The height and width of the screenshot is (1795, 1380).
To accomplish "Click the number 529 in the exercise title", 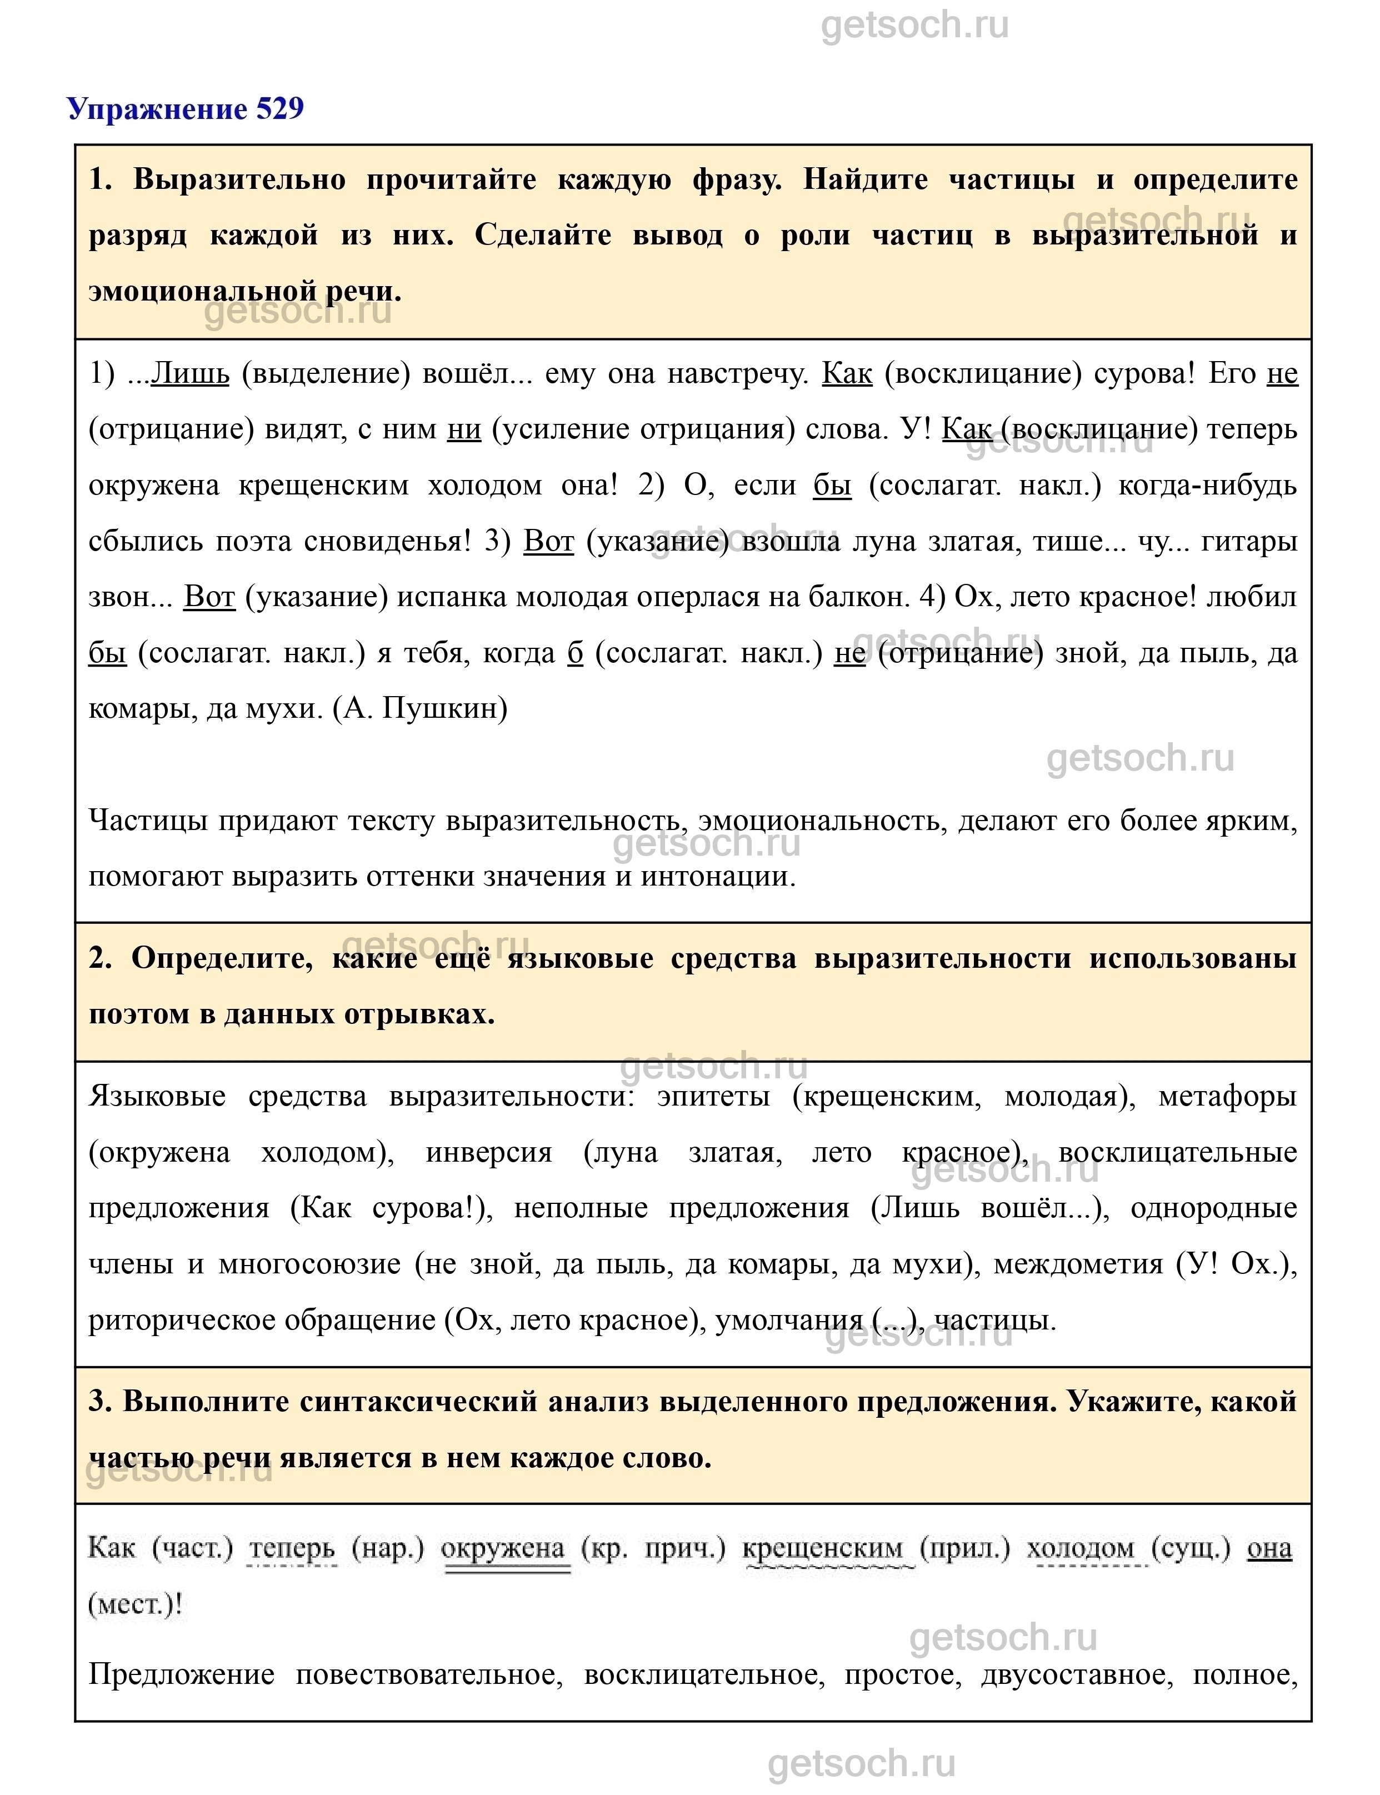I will (280, 108).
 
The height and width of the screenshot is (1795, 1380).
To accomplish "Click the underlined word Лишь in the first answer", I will (191, 374).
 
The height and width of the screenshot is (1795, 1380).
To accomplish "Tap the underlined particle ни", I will (464, 429).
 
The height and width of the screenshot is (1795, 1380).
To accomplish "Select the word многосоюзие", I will (309, 1263).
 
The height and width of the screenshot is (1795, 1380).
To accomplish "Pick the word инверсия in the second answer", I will (489, 1152).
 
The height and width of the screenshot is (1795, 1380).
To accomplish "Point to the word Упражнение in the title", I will (157, 108).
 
